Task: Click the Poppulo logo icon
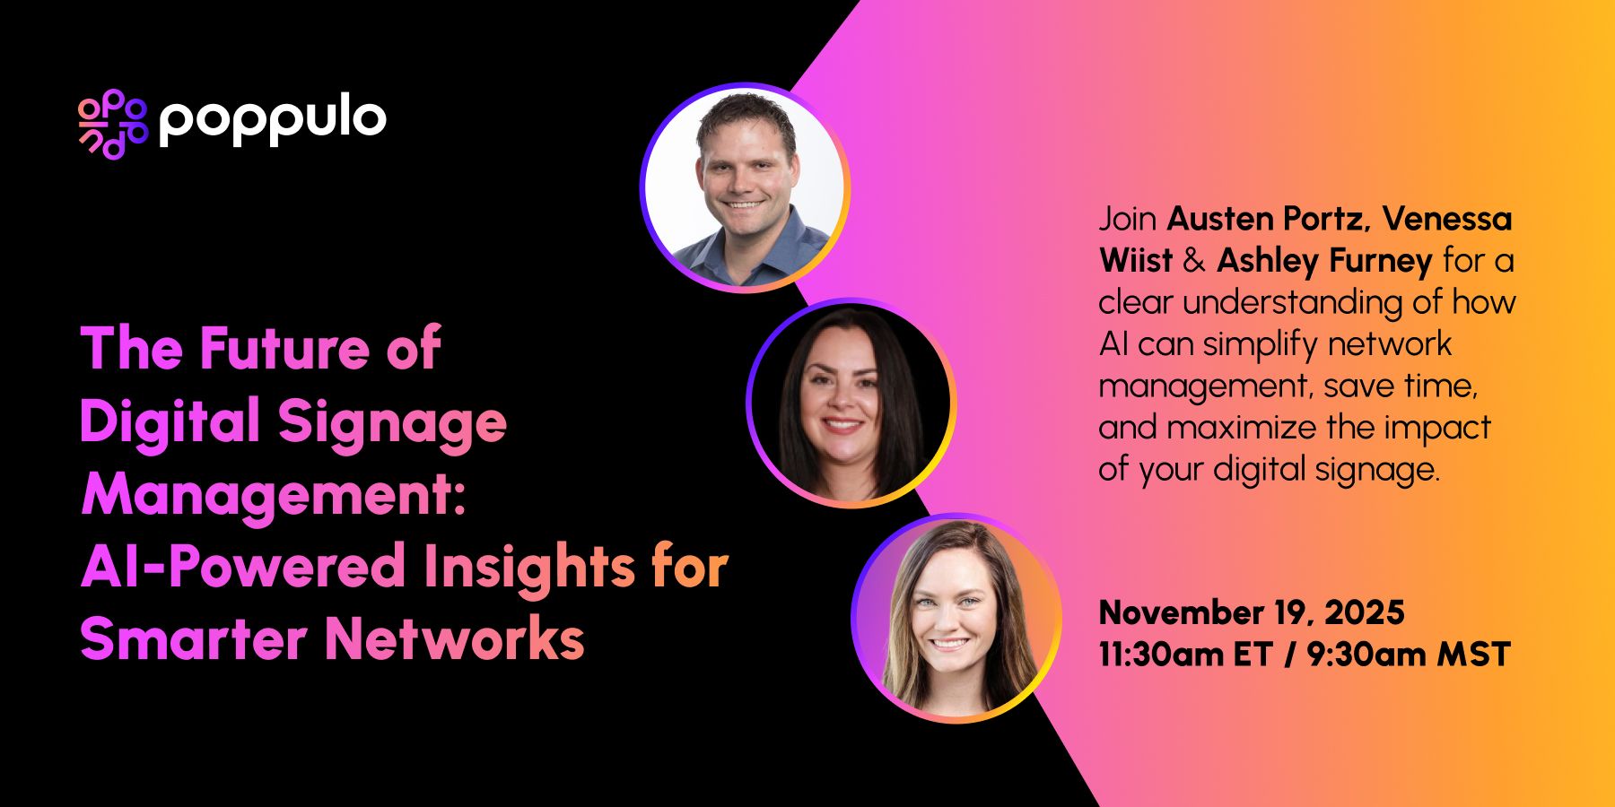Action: tap(112, 124)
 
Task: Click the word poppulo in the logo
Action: tap(273, 120)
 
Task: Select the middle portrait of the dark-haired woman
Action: tap(851, 403)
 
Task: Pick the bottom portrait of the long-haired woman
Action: tap(956, 618)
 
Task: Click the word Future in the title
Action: tap(284, 348)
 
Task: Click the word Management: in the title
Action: tap(274, 494)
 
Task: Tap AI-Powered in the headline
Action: tap(243, 567)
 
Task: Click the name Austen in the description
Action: tap(1220, 219)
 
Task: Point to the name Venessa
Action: tap(1446, 219)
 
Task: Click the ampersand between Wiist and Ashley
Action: tap(1194, 261)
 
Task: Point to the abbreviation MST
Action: tap(1473, 655)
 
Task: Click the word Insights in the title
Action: tap(529, 567)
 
